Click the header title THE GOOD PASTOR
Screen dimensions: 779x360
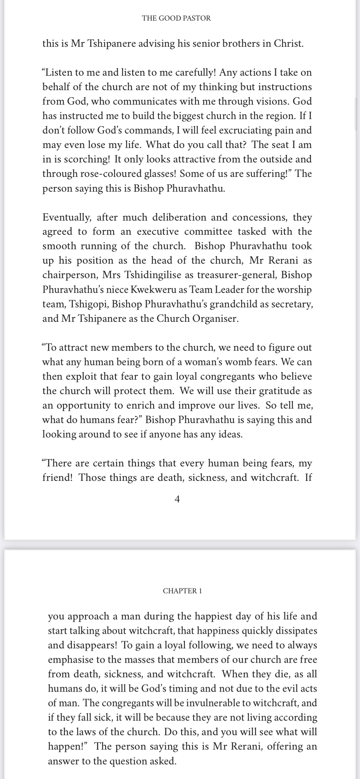click(176, 18)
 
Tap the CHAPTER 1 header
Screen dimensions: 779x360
click(182, 591)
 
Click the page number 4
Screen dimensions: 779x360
click(177, 499)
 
